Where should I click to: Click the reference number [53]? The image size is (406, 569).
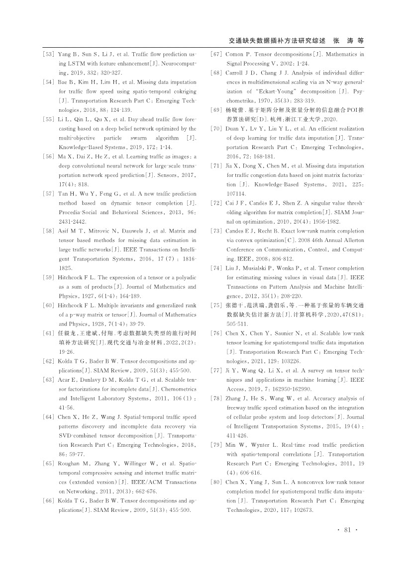(x=48, y=54)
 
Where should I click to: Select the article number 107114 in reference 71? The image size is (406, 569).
(x=236, y=193)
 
